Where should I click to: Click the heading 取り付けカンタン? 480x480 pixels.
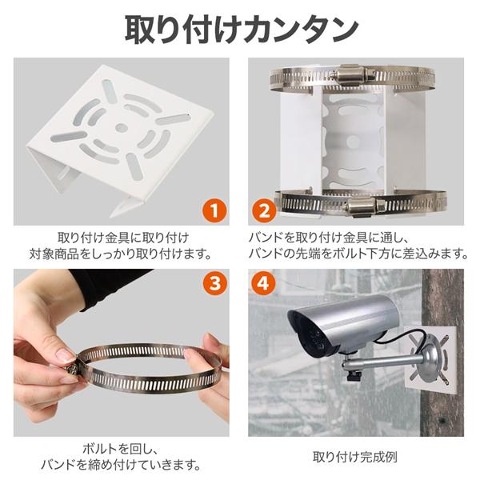[240, 27]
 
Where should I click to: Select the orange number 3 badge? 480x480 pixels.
[213, 283]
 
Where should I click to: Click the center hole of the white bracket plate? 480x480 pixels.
[120, 127]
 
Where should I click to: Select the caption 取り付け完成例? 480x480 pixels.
[355, 458]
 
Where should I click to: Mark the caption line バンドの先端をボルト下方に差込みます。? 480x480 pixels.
[357, 254]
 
